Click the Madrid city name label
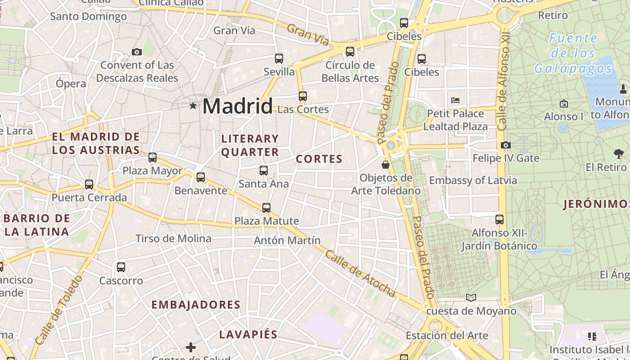[237, 106]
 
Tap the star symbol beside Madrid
[193, 106]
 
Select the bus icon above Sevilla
[279, 58]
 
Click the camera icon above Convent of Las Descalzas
[137, 52]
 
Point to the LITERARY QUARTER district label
[250, 145]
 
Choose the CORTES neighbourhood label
[319, 159]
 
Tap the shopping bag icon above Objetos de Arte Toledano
[385, 164]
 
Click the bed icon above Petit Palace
[455, 100]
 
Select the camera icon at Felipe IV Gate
[505, 145]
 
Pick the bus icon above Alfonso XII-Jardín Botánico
[499, 220]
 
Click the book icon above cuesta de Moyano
[471, 297]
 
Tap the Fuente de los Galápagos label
[573, 53]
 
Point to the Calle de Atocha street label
[361, 274]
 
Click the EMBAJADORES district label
[196, 305]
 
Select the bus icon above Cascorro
[121, 267]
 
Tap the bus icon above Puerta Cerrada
[89, 184]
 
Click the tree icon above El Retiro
[619, 154]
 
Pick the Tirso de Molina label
[173, 238]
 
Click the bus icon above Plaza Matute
[266, 207]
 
